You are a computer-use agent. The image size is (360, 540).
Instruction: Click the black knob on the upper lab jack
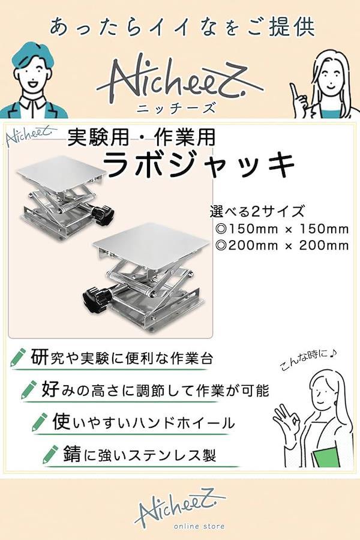tap(103, 215)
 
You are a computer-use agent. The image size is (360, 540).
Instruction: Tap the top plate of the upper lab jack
tap(61, 173)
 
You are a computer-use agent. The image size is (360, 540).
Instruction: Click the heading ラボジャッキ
tap(199, 164)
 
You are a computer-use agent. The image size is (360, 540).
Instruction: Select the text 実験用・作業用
tap(141, 137)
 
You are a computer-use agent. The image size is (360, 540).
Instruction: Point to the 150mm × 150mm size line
tap(281, 229)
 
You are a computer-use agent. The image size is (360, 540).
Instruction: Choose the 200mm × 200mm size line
tap(281, 245)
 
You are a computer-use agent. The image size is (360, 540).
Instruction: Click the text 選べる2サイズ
tap(257, 211)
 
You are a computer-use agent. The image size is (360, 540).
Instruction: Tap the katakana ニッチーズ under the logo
tap(176, 108)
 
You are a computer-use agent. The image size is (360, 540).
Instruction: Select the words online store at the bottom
tap(199, 526)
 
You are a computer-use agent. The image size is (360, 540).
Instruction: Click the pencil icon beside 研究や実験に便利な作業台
tap(18, 356)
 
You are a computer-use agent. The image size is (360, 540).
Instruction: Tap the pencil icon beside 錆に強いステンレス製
tap(50, 454)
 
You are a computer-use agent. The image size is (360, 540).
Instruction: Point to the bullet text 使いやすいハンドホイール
tap(143, 422)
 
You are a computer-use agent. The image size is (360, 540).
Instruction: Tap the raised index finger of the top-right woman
tap(295, 91)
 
